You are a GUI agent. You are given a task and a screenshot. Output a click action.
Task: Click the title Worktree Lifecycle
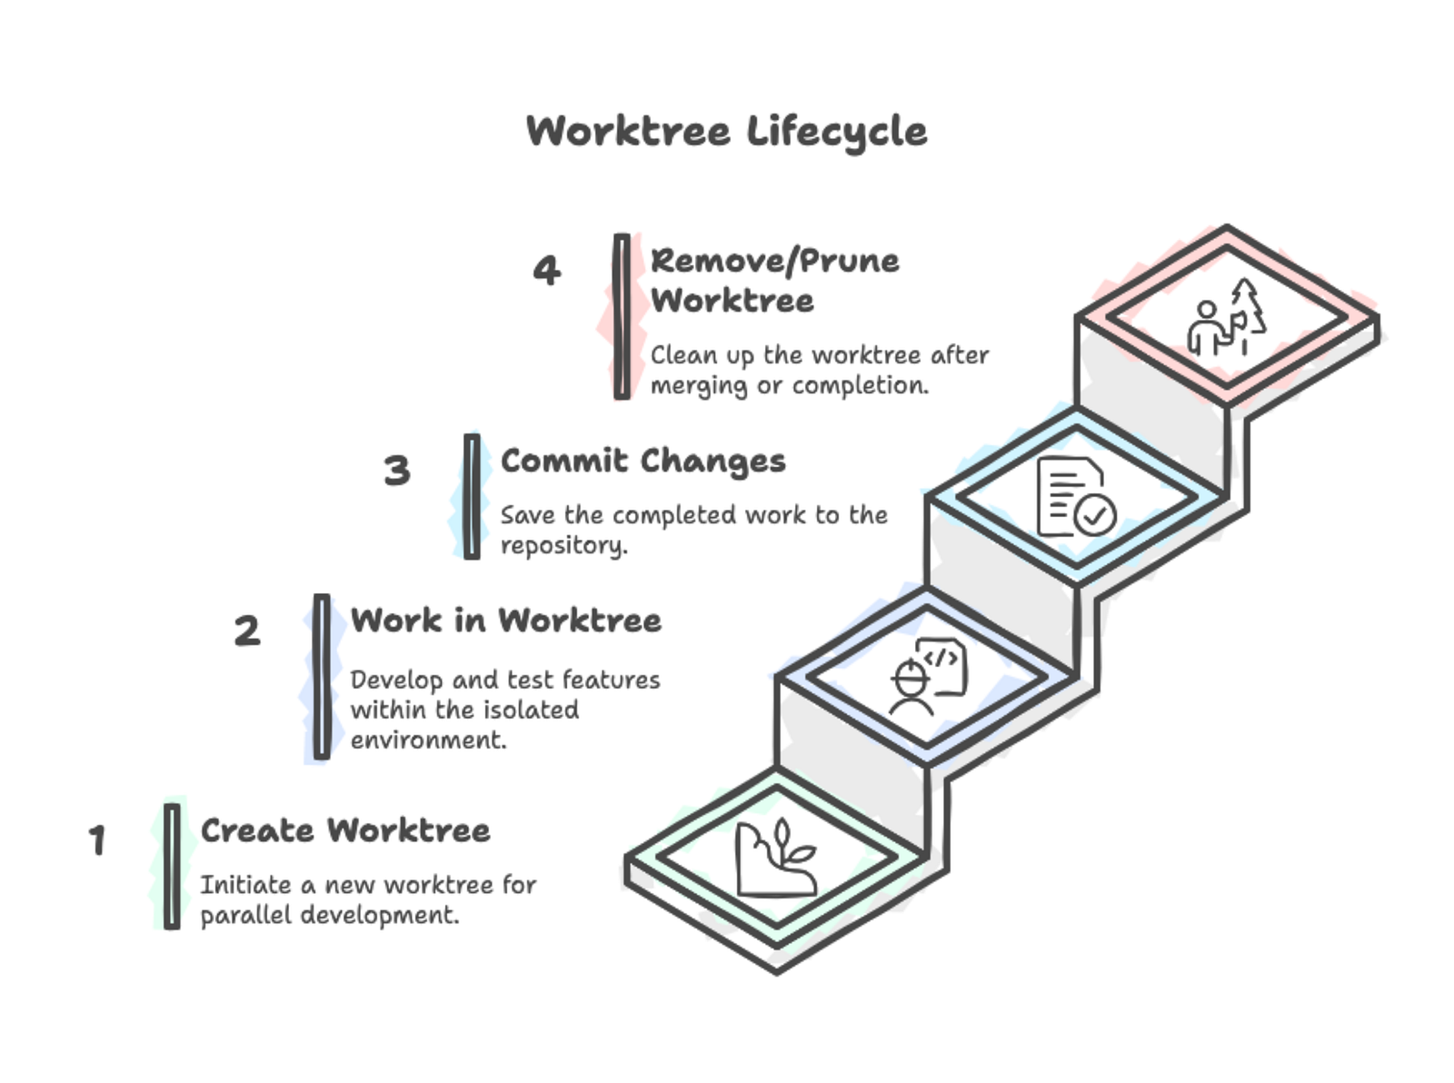click(726, 132)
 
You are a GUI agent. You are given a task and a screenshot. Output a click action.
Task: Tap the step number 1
click(97, 840)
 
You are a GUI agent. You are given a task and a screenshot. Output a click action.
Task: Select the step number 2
click(247, 631)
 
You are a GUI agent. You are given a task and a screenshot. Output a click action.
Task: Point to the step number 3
click(397, 471)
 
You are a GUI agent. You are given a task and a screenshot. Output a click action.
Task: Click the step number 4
click(546, 271)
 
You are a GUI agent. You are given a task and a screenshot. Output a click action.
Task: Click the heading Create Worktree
click(345, 830)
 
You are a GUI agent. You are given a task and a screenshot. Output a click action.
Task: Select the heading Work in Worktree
click(506, 621)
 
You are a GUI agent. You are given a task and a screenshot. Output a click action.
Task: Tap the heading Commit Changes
click(642, 461)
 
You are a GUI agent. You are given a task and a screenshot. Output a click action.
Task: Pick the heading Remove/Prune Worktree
click(774, 280)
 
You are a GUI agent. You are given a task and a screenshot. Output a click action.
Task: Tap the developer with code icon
click(927, 677)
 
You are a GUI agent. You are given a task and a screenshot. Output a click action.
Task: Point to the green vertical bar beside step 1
click(172, 866)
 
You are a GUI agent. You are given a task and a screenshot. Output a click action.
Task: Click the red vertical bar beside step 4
click(622, 316)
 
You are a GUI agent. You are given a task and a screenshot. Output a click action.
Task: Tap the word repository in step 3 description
click(563, 546)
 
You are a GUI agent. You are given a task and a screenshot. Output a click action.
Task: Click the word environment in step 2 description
click(428, 740)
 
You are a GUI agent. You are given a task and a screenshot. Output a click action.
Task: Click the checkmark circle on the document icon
click(1095, 515)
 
